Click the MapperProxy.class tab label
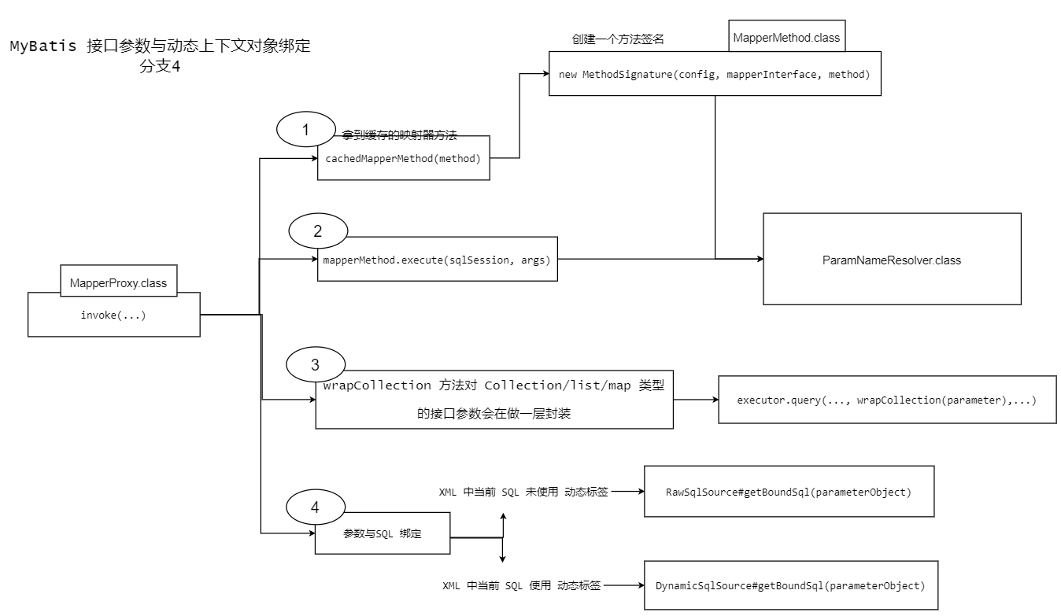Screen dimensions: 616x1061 (118, 283)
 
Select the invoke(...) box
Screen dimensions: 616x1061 (113, 315)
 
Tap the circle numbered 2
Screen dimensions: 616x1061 (317, 231)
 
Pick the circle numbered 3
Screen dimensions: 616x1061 (315, 364)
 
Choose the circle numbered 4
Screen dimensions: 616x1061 (315, 507)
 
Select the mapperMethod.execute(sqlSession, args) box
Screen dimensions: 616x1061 (436, 259)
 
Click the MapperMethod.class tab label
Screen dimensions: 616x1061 (786, 38)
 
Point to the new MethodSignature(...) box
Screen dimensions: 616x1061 (714, 75)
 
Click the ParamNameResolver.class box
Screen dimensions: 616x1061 (891, 259)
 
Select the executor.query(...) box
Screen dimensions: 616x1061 (886, 400)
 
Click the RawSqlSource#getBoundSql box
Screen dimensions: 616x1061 (789, 492)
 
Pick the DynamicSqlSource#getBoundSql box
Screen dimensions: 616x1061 (790, 586)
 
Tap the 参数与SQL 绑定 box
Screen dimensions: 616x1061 (383, 533)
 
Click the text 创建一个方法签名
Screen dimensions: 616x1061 (619, 39)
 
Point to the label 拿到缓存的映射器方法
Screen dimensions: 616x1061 (400, 136)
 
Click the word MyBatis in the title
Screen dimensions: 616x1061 (43, 46)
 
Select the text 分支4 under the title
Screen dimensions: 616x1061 (161, 67)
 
